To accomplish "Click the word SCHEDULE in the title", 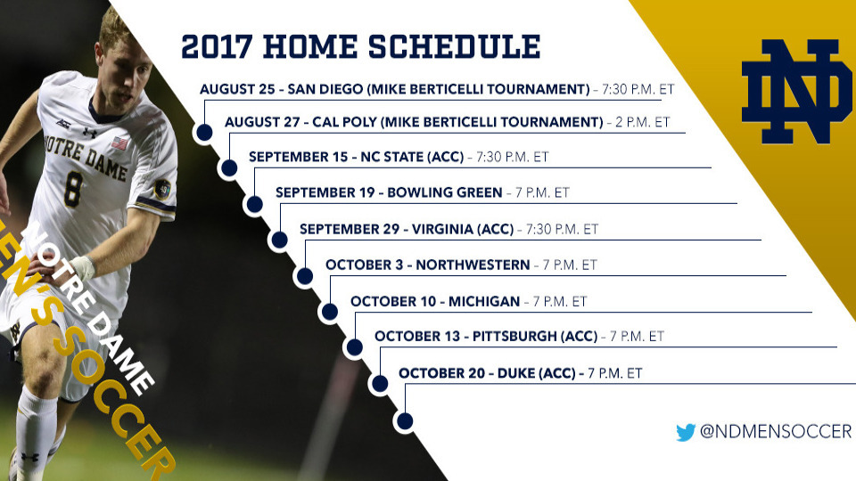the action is pyautogui.click(x=454, y=46).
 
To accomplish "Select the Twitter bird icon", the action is pyautogui.click(x=686, y=432).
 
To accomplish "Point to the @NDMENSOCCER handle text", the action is pyautogui.click(x=775, y=431).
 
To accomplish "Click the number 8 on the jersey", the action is pyautogui.click(x=73, y=189).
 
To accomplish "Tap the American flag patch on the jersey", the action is pyautogui.click(x=119, y=144).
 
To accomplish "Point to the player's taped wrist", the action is pyautogui.click(x=82, y=268).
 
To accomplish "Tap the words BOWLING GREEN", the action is pyautogui.click(x=444, y=192).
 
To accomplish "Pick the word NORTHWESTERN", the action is pyautogui.click(x=473, y=265).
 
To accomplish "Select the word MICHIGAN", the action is pyautogui.click(x=484, y=302).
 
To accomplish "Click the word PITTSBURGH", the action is pyautogui.click(x=514, y=336).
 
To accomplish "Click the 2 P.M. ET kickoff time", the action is pyautogui.click(x=643, y=122).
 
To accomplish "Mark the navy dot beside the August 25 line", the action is pyautogui.click(x=204, y=132).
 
